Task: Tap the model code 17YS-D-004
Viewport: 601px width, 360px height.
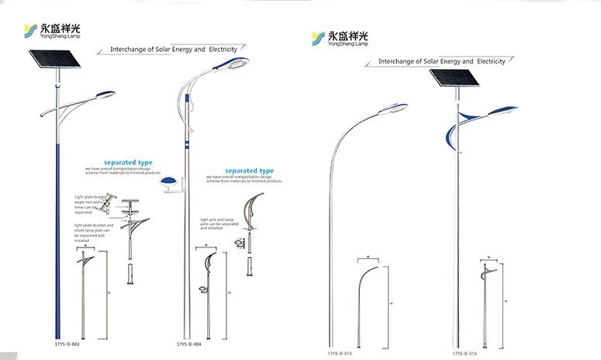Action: (190, 343)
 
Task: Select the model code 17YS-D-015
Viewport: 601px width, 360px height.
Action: (339, 354)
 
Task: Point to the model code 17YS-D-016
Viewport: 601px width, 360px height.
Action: (468, 354)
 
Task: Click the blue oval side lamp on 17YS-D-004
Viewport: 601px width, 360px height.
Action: (167, 184)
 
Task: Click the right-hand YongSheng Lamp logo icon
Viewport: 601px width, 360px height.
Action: (317, 38)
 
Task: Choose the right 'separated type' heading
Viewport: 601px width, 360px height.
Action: (249, 170)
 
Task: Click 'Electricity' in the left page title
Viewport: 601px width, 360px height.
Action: (221, 49)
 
